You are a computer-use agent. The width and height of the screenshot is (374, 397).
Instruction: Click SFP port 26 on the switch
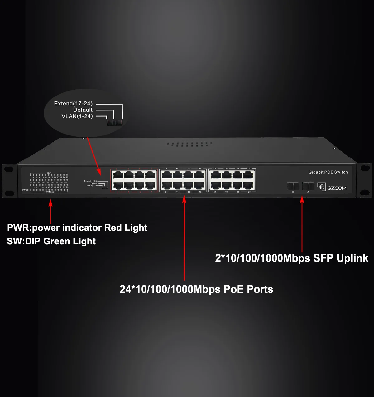(x=293, y=186)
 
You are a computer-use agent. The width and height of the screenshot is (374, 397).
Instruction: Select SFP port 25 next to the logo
(x=308, y=186)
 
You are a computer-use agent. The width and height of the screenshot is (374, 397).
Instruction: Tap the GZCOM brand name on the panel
(x=337, y=188)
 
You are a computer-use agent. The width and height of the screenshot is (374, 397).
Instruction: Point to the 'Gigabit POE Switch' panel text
(x=328, y=172)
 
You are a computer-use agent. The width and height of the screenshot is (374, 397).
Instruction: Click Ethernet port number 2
(x=117, y=174)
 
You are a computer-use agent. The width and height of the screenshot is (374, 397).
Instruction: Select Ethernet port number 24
(x=249, y=174)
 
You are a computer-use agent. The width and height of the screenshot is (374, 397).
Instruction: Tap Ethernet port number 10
(x=166, y=174)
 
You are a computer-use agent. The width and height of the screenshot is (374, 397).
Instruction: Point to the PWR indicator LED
(x=28, y=190)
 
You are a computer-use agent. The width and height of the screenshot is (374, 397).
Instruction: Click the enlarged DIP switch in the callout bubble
(x=114, y=122)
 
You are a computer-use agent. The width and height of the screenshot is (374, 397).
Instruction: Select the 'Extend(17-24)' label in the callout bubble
(x=73, y=104)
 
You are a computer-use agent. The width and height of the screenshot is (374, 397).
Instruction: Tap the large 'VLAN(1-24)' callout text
(x=77, y=116)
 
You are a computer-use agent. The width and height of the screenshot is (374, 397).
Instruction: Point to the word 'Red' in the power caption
(x=113, y=228)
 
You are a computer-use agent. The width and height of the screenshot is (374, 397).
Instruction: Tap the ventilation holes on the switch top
(x=189, y=144)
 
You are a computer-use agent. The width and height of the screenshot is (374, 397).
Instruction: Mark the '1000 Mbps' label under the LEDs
(x=49, y=192)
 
